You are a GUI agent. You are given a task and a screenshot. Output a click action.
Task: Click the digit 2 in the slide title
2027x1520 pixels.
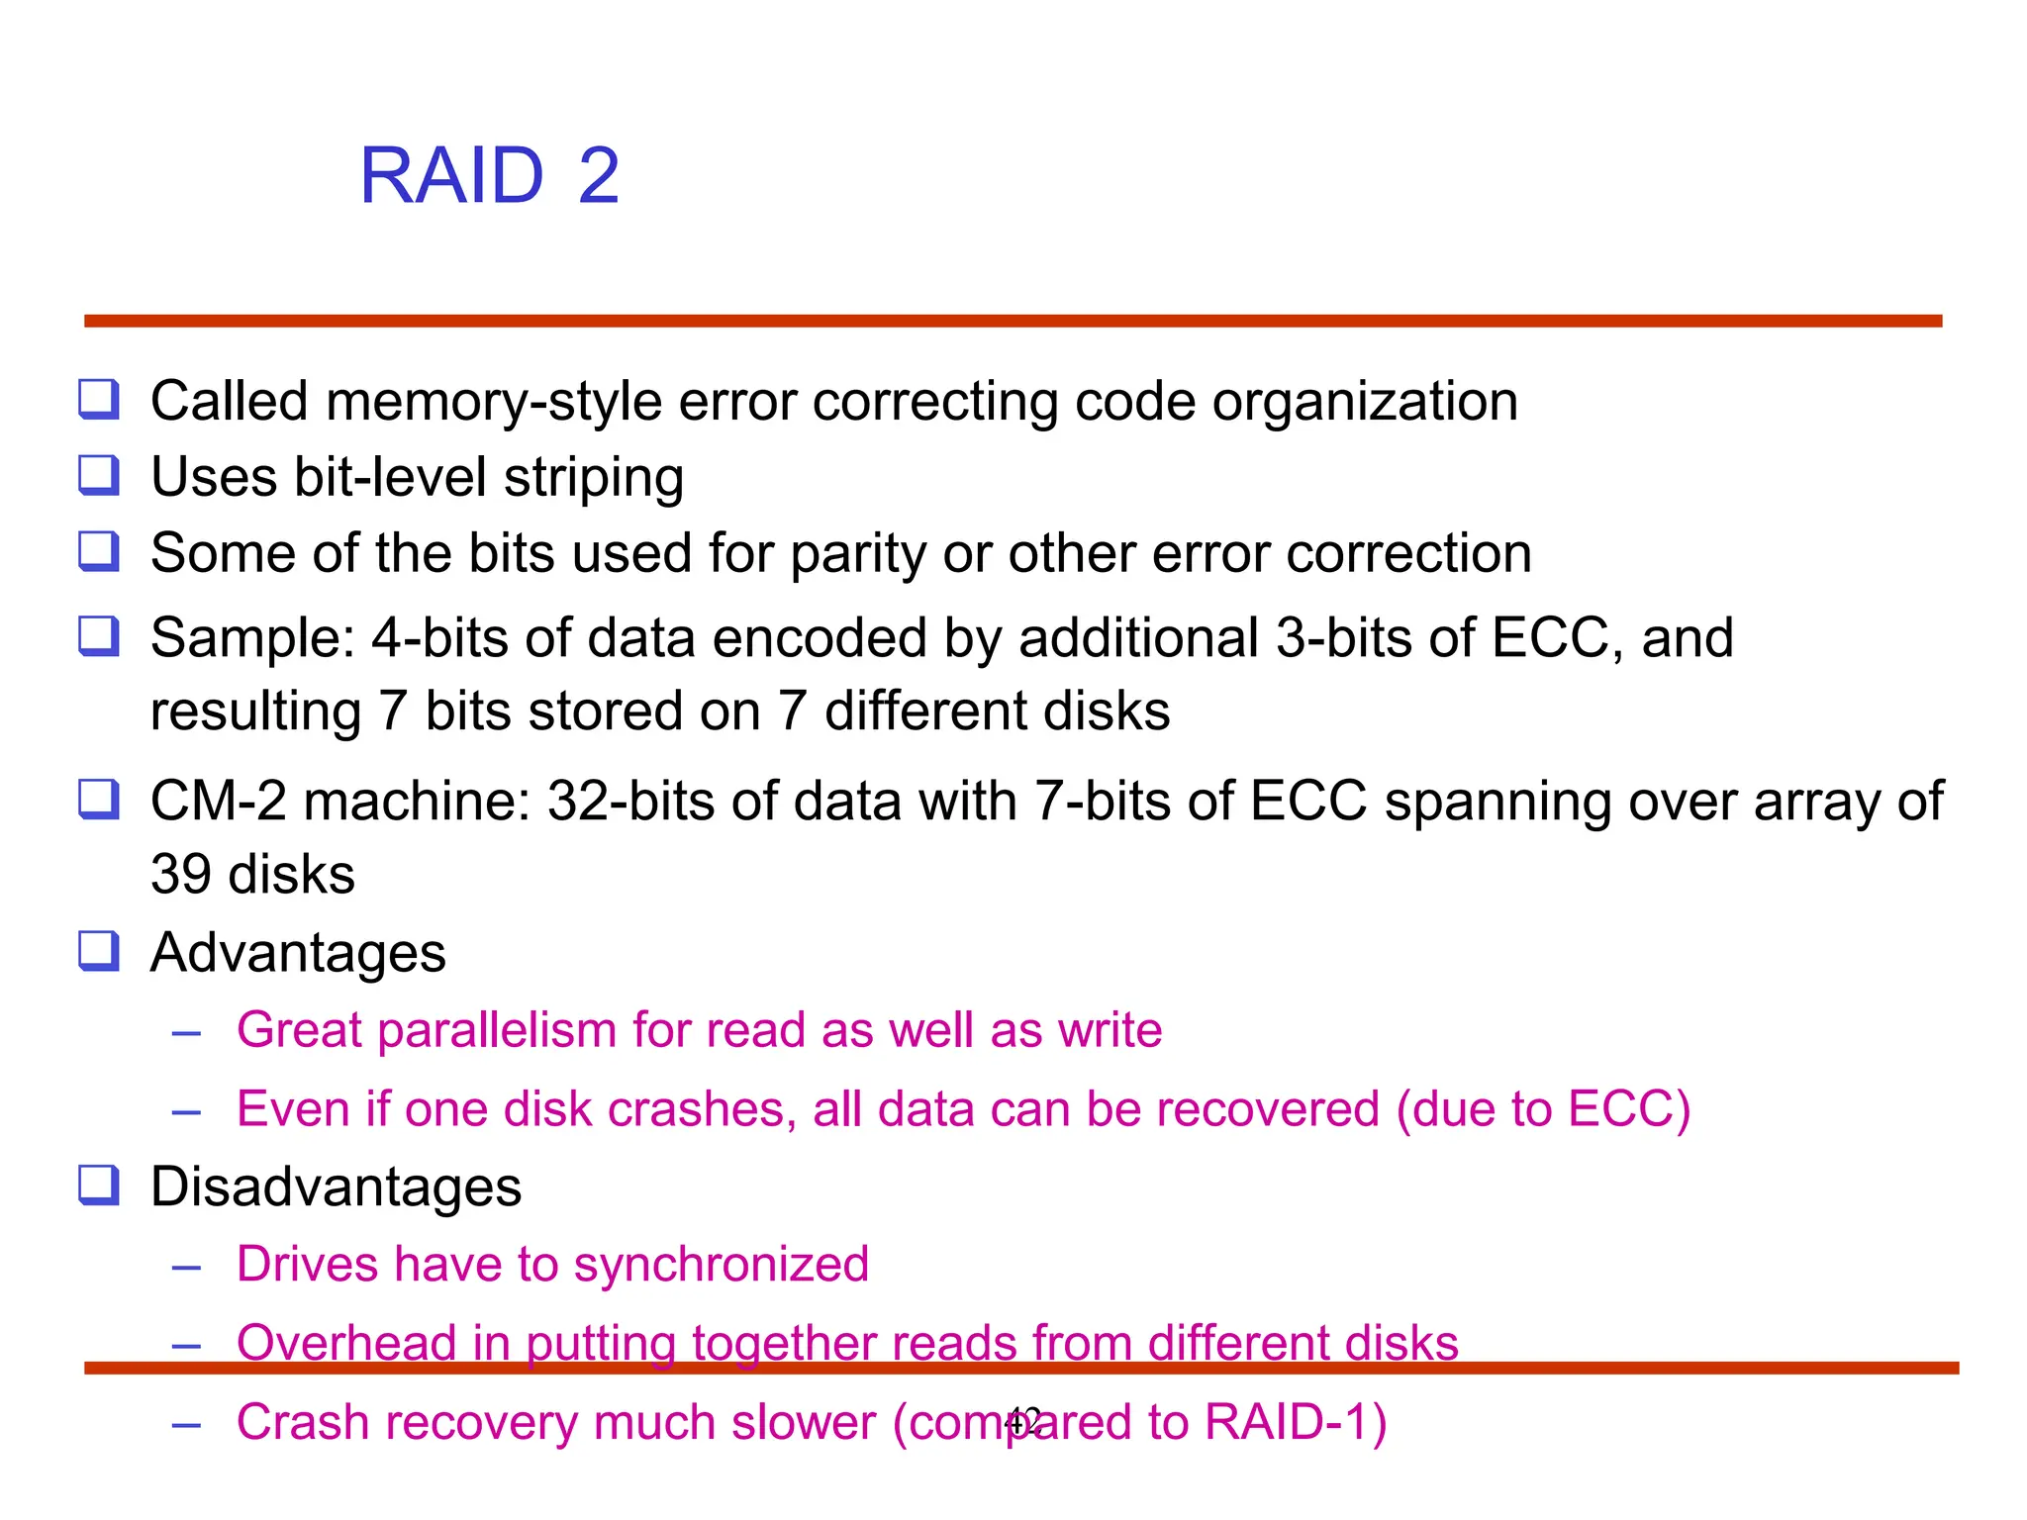(599, 176)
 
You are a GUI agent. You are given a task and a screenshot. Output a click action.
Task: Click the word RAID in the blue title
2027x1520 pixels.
(451, 176)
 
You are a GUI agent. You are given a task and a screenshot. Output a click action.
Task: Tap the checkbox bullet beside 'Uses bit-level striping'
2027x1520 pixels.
(99, 476)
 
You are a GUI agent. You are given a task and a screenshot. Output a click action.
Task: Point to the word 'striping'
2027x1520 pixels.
(594, 478)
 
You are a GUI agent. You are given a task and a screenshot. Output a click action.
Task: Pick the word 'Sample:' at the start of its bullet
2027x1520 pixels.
(252, 637)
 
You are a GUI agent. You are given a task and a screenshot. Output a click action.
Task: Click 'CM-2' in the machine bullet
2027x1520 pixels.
(218, 801)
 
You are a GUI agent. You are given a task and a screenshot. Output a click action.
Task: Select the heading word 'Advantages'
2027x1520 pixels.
(298, 953)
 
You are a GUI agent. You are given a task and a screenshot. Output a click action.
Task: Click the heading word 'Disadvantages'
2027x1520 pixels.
(336, 1187)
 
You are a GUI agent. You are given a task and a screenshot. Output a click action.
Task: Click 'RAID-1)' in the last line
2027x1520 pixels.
(1296, 1422)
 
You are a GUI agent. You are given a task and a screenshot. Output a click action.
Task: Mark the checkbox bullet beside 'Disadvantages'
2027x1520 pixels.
(99, 1185)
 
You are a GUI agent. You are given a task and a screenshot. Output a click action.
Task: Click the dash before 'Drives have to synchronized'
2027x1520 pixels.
(186, 1267)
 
